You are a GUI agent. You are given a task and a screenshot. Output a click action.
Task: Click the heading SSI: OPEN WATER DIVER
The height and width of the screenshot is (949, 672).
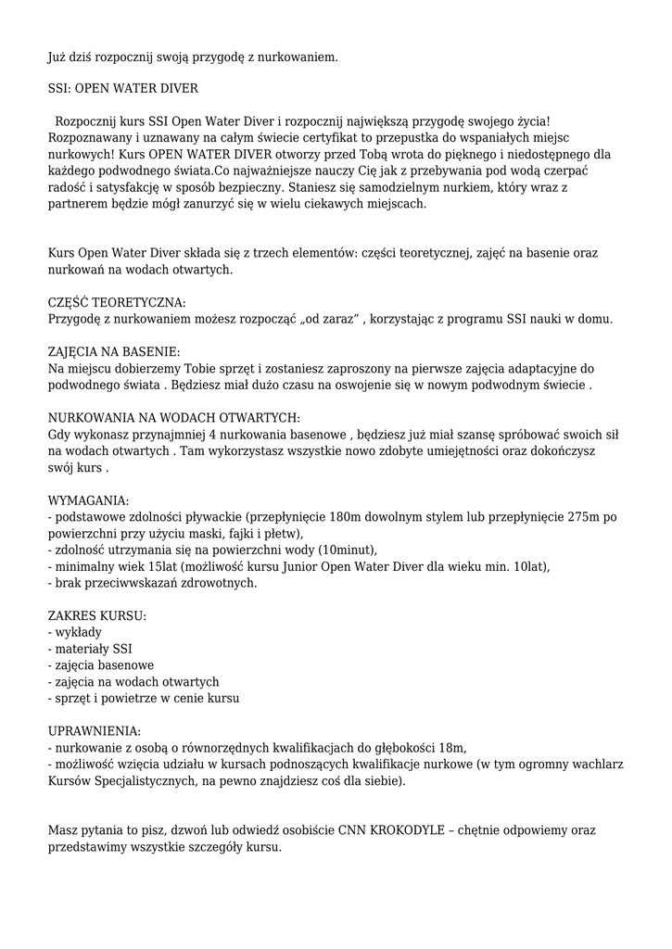pyautogui.click(x=121, y=89)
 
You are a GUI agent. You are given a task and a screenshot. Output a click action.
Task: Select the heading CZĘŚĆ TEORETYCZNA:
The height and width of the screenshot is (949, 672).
pyautogui.click(x=117, y=303)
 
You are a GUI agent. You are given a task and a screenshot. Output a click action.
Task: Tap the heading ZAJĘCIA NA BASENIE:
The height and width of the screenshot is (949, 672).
pyautogui.click(x=114, y=351)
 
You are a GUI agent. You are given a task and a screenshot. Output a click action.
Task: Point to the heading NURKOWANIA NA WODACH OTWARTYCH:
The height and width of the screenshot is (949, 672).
pyautogui.click(x=173, y=417)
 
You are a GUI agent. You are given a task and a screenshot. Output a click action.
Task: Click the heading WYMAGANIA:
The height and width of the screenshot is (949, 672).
pyautogui.click(x=88, y=500)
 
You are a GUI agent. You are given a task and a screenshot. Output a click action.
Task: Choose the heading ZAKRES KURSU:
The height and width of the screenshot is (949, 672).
pyautogui.click(x=96, y=615)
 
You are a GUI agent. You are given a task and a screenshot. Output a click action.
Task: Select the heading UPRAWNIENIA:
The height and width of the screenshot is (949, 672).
pyautogui.click(x=95, y=730)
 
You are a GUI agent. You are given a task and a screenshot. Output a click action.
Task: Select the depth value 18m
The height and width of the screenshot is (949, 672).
pyautogui.click(x=454, y=747)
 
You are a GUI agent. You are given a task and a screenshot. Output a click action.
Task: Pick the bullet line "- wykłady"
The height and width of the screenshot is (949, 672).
pyautogui.click(x=75, y=632)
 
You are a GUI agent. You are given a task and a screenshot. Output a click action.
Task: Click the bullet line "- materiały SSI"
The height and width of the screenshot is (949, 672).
pyautogui.click(x=90, y=649)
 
